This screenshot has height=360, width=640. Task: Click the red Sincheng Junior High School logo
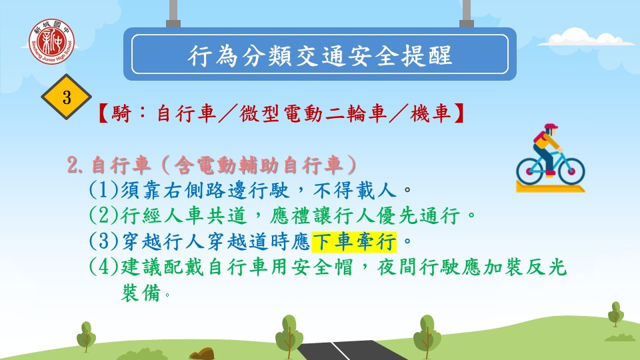pos(51,41)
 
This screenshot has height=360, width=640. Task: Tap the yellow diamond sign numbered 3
pos(66,97)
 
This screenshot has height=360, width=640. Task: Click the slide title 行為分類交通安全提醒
pos(320,55)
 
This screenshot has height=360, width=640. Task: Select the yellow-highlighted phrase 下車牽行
pos(354,241)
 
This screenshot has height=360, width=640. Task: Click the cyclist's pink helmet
pos(551,127)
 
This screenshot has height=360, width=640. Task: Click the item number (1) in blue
pos(104,190)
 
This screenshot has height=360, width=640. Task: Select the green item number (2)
pos(104,215)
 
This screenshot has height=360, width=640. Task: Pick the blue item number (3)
pos(104,241)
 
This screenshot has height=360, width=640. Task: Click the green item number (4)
pos(104,267)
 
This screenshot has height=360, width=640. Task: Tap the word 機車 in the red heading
pos(431,113)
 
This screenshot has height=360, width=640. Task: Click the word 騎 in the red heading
pos(121,113)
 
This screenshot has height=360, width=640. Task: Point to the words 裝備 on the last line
pos(141,292)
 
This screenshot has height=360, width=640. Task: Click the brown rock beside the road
pos(201,354)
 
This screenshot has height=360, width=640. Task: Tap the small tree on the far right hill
pos(615,314)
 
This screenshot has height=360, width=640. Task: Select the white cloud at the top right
pos(580,37)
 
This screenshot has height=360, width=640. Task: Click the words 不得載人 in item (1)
pos(355,190)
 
